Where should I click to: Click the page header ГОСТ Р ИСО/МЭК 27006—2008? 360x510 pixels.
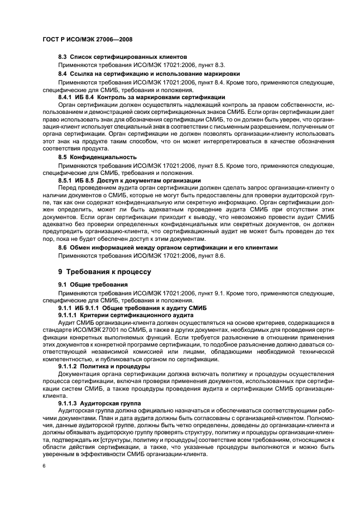tap(88, 40)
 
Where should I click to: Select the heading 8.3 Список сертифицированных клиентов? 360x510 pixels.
tap(123, 57)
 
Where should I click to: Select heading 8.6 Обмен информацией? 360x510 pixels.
tap(168, 247)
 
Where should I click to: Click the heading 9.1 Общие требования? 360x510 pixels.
tap(93, 284)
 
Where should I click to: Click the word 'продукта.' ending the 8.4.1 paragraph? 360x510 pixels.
tap(94, 149)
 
